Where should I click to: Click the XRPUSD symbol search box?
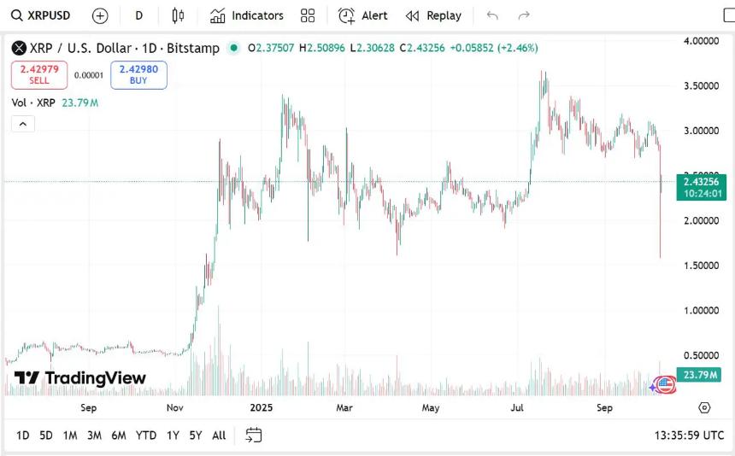click(x=41, y=15)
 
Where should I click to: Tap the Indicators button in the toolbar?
click(x=247, y=15)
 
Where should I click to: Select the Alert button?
click(x=363, y=15)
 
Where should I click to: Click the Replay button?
click(x=433, y=15)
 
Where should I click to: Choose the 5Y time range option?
click(x=196, y=436)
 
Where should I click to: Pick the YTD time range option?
click(x=146, y=436)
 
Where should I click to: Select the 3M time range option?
click(x=94, y=436)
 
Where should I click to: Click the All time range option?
click(x=219, y=436)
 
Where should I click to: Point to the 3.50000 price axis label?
click(x=700, y=85)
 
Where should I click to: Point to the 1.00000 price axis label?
click(x=700, y=310)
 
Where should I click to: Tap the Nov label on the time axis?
click(x=175, y=408)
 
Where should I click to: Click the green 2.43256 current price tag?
click(x=701, y=182)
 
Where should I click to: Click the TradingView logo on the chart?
click(x=80, y=378)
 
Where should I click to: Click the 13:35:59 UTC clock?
click(x=689, y=436)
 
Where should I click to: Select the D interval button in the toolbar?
click(x=139, y=15)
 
